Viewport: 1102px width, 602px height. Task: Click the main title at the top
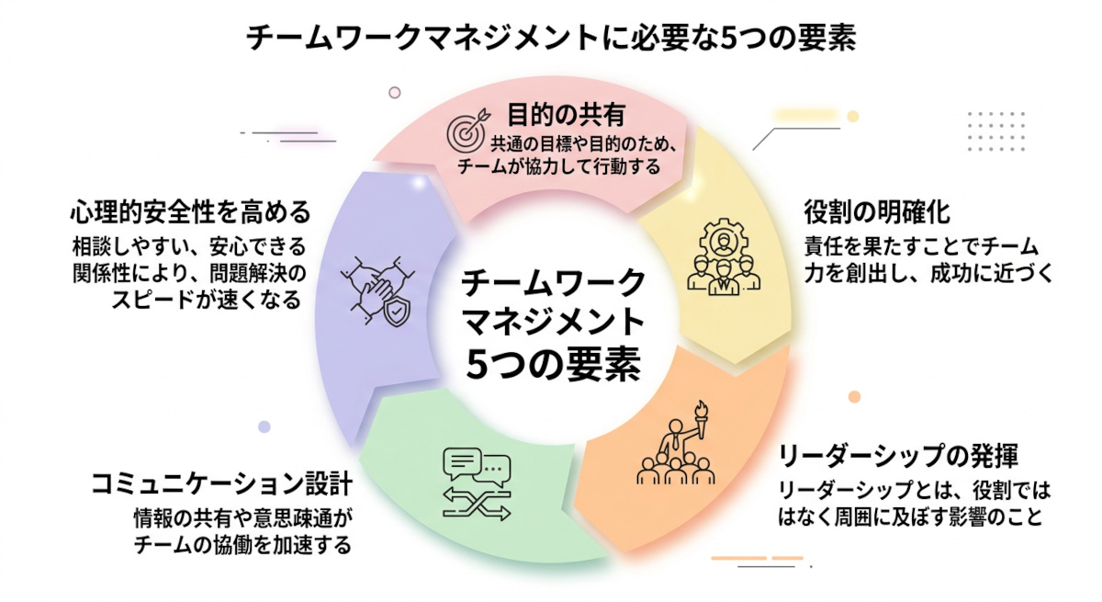[551, 39]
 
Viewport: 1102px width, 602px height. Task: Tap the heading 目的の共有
[566, 115]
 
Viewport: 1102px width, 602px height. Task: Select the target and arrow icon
[466, 131]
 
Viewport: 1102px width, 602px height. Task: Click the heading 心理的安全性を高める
[190, 212]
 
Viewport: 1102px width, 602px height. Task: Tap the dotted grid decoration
[996, 130]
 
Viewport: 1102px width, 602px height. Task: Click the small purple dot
[264, 426]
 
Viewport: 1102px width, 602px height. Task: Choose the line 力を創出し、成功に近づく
[928, 273]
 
